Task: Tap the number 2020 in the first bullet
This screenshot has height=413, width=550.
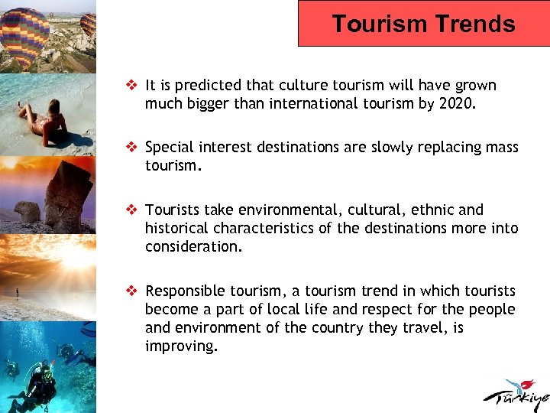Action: [x=457, y=104]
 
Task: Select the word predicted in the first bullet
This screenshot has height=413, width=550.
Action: [x=201, y=86]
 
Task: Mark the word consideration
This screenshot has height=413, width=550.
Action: [x=192, y=246]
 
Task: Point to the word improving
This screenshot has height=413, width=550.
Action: [x=180, y=346]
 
